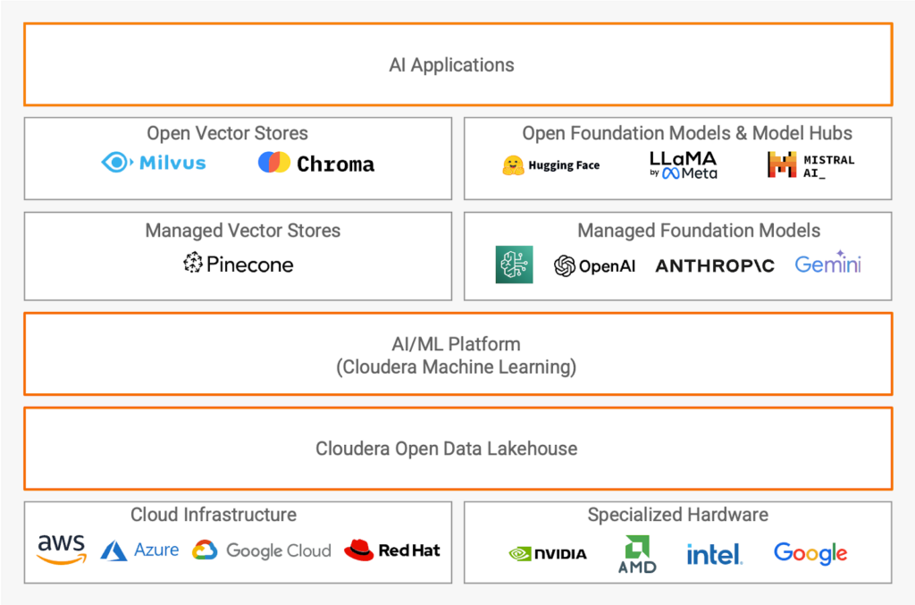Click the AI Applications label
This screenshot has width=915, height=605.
pyautogui.click(x=451, y=65)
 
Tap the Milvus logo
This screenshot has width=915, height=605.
pyautogui.click(x=154, y=163)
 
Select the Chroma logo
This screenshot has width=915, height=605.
pyautogui.click(x=316, y=164)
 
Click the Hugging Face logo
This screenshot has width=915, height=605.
pyautogui.click(x=550, y=165)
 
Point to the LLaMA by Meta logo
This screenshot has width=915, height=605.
pyautogui.click(x=684, y=164)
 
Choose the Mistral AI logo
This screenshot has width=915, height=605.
pyautogui.click(x=810, y=164)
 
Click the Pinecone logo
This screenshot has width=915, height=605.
pyautogui.click(x=239, y=264)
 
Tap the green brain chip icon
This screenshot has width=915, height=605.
pyautogui.click(x=514, y=265)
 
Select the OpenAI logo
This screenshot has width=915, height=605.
pyautogui.click(x=594, y=265)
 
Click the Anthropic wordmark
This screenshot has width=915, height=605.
pyautogui.click(x=715, y=265)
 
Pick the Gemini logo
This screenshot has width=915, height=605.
pyautogui.click(x=827, y=264)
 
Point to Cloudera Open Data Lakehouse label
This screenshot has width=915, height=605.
pyautogui.click(x=446, y=449)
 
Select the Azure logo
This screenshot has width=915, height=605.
pyautogui.click(x=139, y=550)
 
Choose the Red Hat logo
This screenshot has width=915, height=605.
pyautogui.click(x=392, y=550)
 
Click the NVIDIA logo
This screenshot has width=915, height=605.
pyautogui.click(x=548, y=553)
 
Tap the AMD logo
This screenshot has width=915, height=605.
pyautogui.click(x=637, y=554)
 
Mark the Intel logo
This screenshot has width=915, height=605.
pyautogui.click(x=714, y=554)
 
